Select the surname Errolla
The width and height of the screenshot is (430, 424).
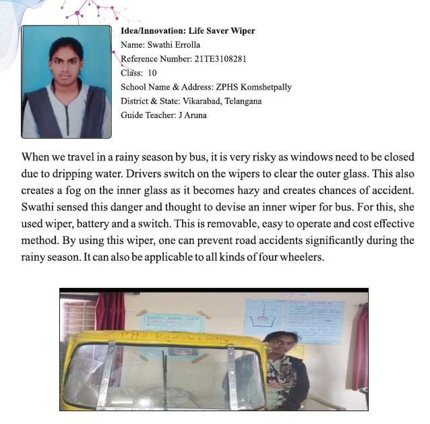click(x=185, y=45)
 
